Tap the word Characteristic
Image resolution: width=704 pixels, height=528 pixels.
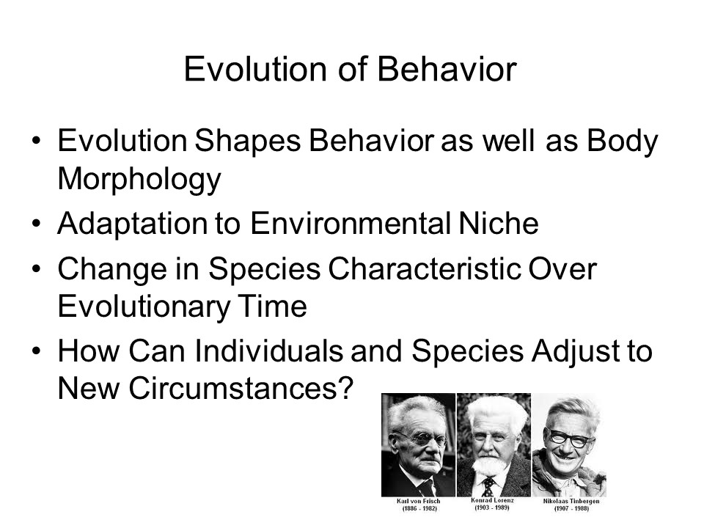point(425,269)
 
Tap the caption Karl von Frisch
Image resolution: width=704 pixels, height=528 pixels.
point(419,501)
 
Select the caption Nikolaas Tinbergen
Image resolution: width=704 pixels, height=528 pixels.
point(571,501)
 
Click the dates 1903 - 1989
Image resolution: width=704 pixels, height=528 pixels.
point(491,507)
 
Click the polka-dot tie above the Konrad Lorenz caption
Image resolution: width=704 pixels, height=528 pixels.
point(488,487)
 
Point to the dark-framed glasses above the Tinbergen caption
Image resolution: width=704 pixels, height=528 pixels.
point(569,437)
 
